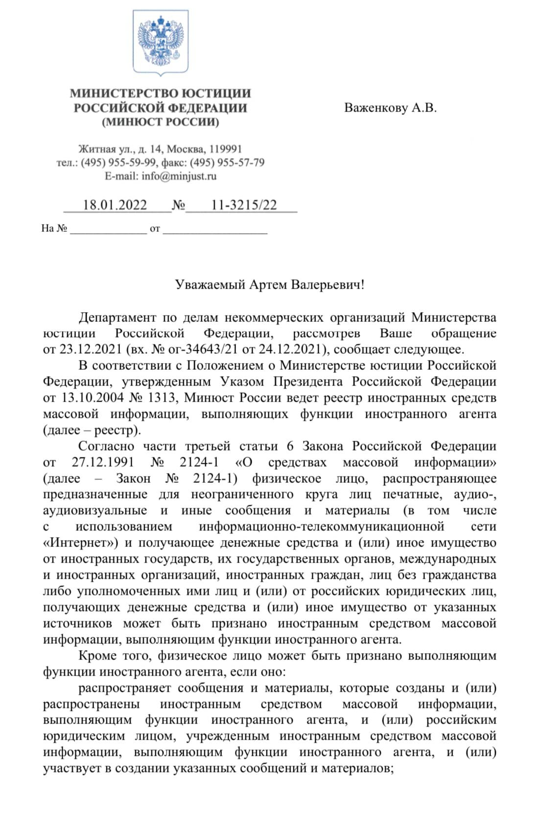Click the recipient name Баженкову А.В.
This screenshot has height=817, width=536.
point(390,108)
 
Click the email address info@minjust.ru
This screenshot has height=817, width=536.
point(179,176)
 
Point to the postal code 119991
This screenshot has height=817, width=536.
point(226,149)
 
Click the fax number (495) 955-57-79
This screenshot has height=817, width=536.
point(227,162)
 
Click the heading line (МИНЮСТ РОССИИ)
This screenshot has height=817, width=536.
point(161,122)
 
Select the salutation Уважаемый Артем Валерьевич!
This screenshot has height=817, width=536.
point(270,284)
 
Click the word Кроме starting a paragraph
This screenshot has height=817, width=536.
point(96,656)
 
